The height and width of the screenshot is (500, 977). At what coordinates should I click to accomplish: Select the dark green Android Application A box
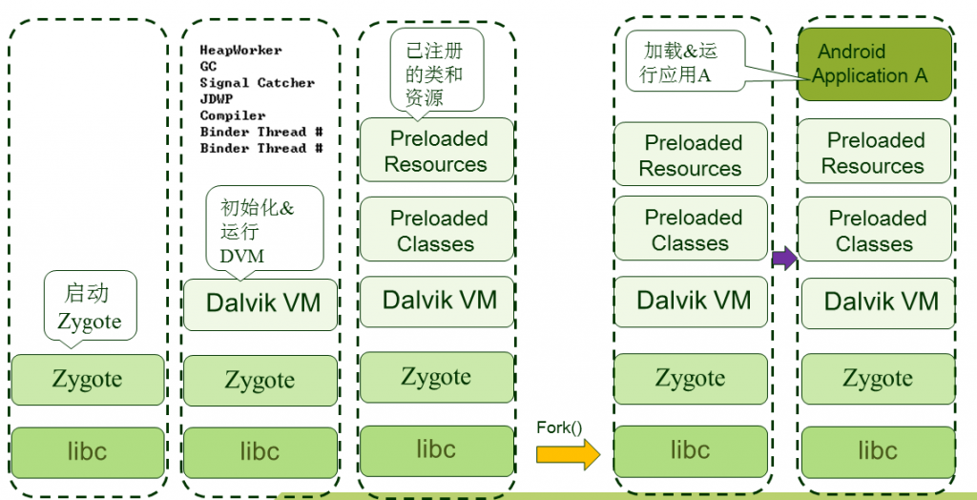[x=875, y=64]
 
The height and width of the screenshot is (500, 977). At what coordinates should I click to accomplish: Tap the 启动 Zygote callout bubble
[x=91, y=305]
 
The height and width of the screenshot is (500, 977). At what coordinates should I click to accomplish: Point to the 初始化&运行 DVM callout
[x=264, y=230]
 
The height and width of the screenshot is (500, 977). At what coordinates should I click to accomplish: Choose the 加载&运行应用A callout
[x=684, y=62]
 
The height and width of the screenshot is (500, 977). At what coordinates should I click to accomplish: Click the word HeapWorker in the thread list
[x=240, y=50]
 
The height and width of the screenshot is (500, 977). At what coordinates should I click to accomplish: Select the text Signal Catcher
[x=257, y=83]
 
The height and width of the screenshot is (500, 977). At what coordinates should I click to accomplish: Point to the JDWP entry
[x=217, y=99]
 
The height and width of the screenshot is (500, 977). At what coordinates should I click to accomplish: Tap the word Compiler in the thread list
[x=233, y=115]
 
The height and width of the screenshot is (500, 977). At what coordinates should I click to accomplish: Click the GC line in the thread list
[x=208, y=67]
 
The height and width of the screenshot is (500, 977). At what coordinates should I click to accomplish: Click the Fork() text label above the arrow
[x=559, y=427]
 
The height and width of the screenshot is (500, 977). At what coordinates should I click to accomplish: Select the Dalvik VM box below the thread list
[x=260, y=304]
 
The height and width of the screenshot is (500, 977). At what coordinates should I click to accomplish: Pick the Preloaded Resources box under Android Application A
[x=875, y=153]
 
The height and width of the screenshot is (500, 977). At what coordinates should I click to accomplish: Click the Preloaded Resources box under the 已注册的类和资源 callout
[x=436, y=151]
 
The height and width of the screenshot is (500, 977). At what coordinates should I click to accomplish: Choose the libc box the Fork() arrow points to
[x=690, y=450]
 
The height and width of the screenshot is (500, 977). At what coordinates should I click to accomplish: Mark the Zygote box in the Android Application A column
[x=877, y=379]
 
